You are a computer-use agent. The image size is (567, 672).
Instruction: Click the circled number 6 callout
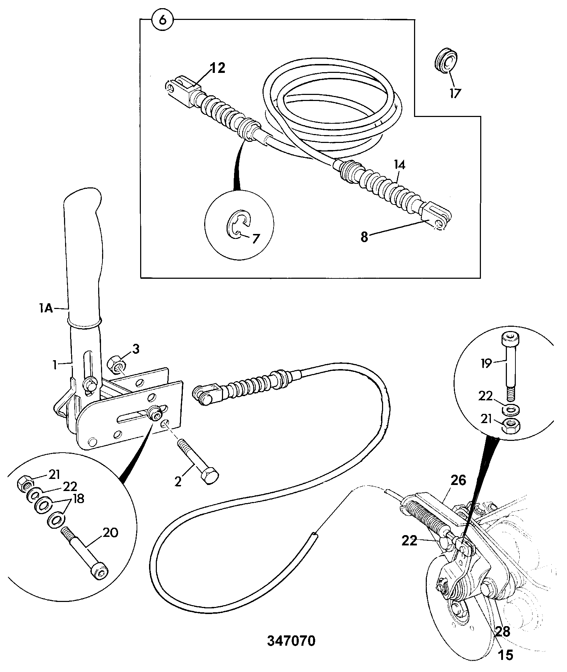162,20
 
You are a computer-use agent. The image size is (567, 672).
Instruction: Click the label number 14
399,165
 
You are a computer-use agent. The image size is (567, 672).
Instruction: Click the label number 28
502,631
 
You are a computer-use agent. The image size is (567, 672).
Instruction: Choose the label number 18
77,499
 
